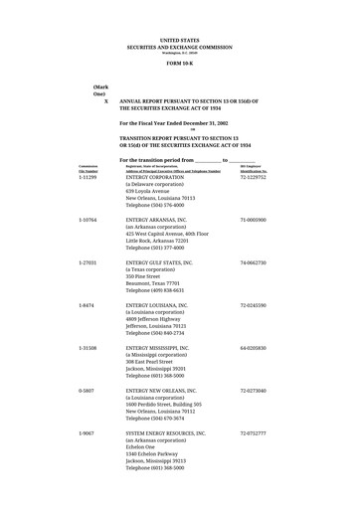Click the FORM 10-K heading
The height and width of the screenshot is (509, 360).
click(x=179, y=63)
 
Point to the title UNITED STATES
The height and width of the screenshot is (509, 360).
click(x=179, y=40)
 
